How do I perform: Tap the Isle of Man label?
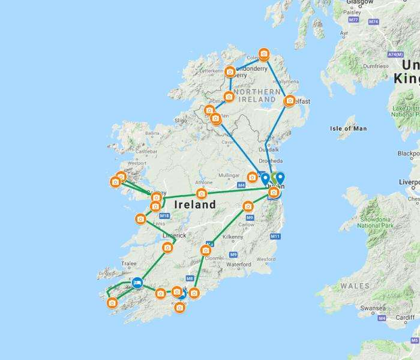[x=348, y=128]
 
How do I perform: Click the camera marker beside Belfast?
[x=290, y=101]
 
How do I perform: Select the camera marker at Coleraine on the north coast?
[x=263, y=55]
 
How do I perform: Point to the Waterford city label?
[x=238, y=264]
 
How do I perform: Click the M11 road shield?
[x=275, y=236]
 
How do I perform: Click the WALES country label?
[x=355, y=286]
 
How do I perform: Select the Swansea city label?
[x=373, y=308]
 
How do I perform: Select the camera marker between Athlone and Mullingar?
[x=202, y=193]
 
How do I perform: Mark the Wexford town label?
[x=266, y=259]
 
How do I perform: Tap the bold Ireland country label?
[x=194, y=205]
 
